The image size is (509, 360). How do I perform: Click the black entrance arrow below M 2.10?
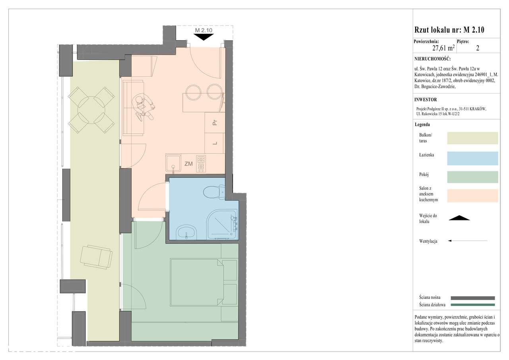203,37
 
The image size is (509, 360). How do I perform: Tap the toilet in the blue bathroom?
214,192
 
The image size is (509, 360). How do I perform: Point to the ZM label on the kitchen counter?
188,163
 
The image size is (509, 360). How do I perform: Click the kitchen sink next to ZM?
173,163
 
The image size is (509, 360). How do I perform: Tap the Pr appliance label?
215,123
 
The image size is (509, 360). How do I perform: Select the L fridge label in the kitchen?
215,143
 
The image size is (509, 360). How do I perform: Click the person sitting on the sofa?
143,107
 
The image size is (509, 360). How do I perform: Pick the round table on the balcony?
91,110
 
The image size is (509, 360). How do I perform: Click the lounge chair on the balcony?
96,257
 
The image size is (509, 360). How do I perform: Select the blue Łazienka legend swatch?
473,158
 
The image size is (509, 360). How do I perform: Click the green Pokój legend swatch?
473,177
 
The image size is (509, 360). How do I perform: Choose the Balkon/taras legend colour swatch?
473,138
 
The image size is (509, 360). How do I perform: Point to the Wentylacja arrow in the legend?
468,241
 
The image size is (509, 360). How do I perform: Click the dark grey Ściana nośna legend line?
473,298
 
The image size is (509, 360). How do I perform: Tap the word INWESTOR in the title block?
425,99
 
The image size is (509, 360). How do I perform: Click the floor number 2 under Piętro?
478,48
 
